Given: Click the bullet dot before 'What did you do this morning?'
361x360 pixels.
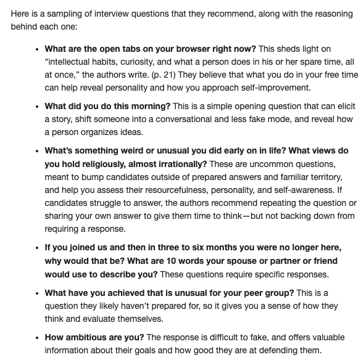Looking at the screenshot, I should [38, 108].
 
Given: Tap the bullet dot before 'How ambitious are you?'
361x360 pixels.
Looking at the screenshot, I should [38, 338].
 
